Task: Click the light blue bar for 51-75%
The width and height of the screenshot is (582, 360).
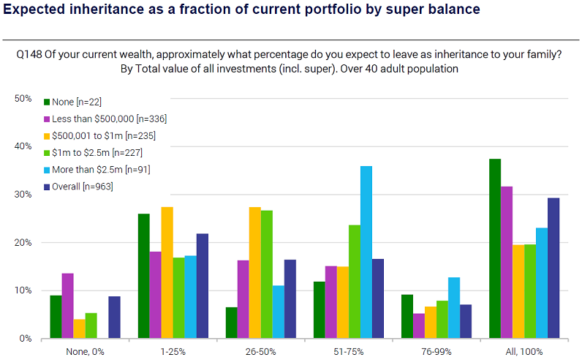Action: coord(366,252)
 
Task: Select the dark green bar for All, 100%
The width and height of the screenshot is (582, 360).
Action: coord(495,249)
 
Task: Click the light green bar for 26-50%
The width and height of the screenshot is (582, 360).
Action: coord(266,274)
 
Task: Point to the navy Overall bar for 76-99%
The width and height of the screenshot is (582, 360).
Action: coord(466,321)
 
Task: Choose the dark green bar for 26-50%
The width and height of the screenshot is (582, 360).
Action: coord(231,323)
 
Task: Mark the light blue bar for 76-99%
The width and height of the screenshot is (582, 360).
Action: coord(454,308)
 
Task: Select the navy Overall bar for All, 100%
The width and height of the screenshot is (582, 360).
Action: coord(553,268)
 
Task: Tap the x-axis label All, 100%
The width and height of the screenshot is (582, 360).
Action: coord(524,351)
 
